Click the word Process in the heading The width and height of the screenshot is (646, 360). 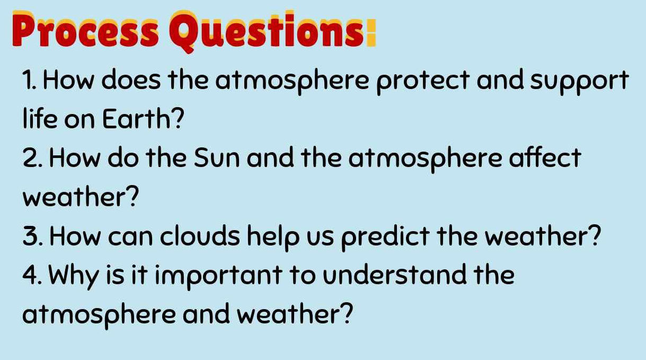pos(85,30)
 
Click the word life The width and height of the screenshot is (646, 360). pos(40,121)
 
